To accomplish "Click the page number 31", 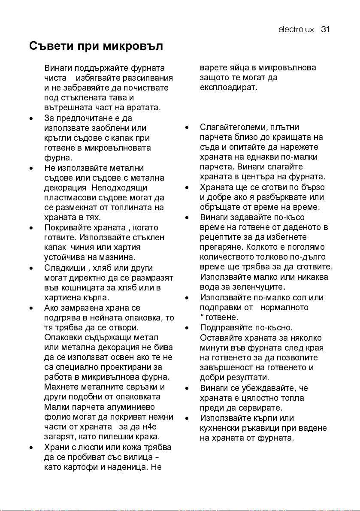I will coord(324,30).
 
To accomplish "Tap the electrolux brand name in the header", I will coord(296,30).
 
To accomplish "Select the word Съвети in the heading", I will coord(50,46).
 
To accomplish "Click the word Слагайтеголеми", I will coord(232,127).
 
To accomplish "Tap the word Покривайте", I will coord(65,228).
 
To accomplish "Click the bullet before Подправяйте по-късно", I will coord(187,328).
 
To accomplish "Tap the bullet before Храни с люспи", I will coord(31,448).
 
